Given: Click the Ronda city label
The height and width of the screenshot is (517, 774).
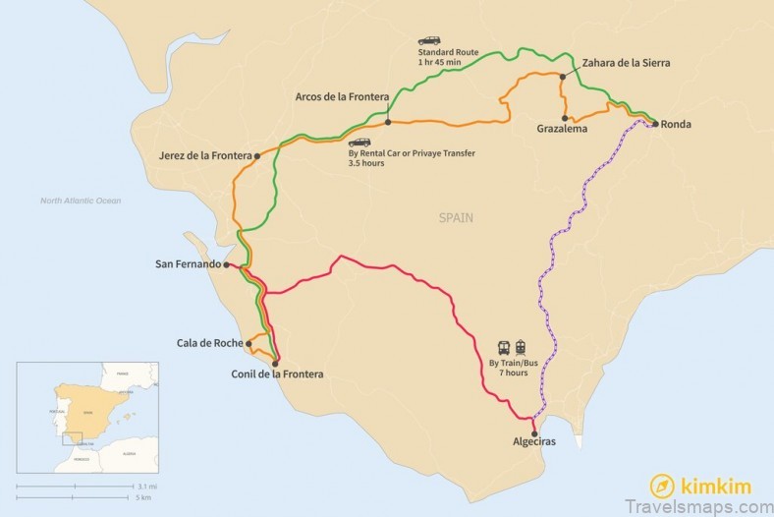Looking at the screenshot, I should pyautogui.click(x=677, y=125).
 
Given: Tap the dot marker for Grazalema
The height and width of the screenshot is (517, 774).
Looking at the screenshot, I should pyautogui.click(x=565, y=118).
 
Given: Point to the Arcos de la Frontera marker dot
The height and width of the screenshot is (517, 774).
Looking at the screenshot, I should pyautogui.click(x=389, y=122).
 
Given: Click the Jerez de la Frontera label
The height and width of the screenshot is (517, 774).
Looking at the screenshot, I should pyautogui.click(x=204, y=155).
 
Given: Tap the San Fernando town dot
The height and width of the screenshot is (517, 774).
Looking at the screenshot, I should pyautogui.click(x=226, y=264).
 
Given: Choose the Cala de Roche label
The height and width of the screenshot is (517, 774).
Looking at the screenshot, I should pyautogui.click(x=209, y=343).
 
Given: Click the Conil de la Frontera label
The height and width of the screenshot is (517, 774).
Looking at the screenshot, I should pyautogui.click(x=276, y=373).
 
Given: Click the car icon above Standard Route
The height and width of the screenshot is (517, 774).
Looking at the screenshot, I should pyautogui.click(x=429, y=40).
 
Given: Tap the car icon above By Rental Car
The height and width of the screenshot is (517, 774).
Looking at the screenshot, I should pyautogui.click(x=359, y=142).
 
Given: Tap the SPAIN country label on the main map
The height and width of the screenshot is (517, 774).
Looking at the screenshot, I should pyautogui.click(x=456, y=218).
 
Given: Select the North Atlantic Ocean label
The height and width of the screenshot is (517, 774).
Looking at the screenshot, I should pyautogui.click(x=81, y=201).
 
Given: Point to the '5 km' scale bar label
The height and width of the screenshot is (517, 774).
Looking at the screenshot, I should pyautogui.click(x=146, y=496).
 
